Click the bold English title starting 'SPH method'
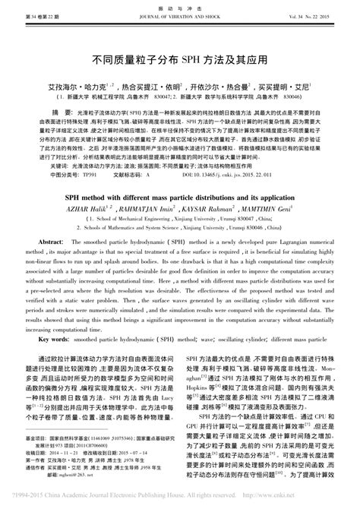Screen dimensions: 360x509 click(180, 194)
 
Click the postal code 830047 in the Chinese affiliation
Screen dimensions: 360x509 click(163, 99)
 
